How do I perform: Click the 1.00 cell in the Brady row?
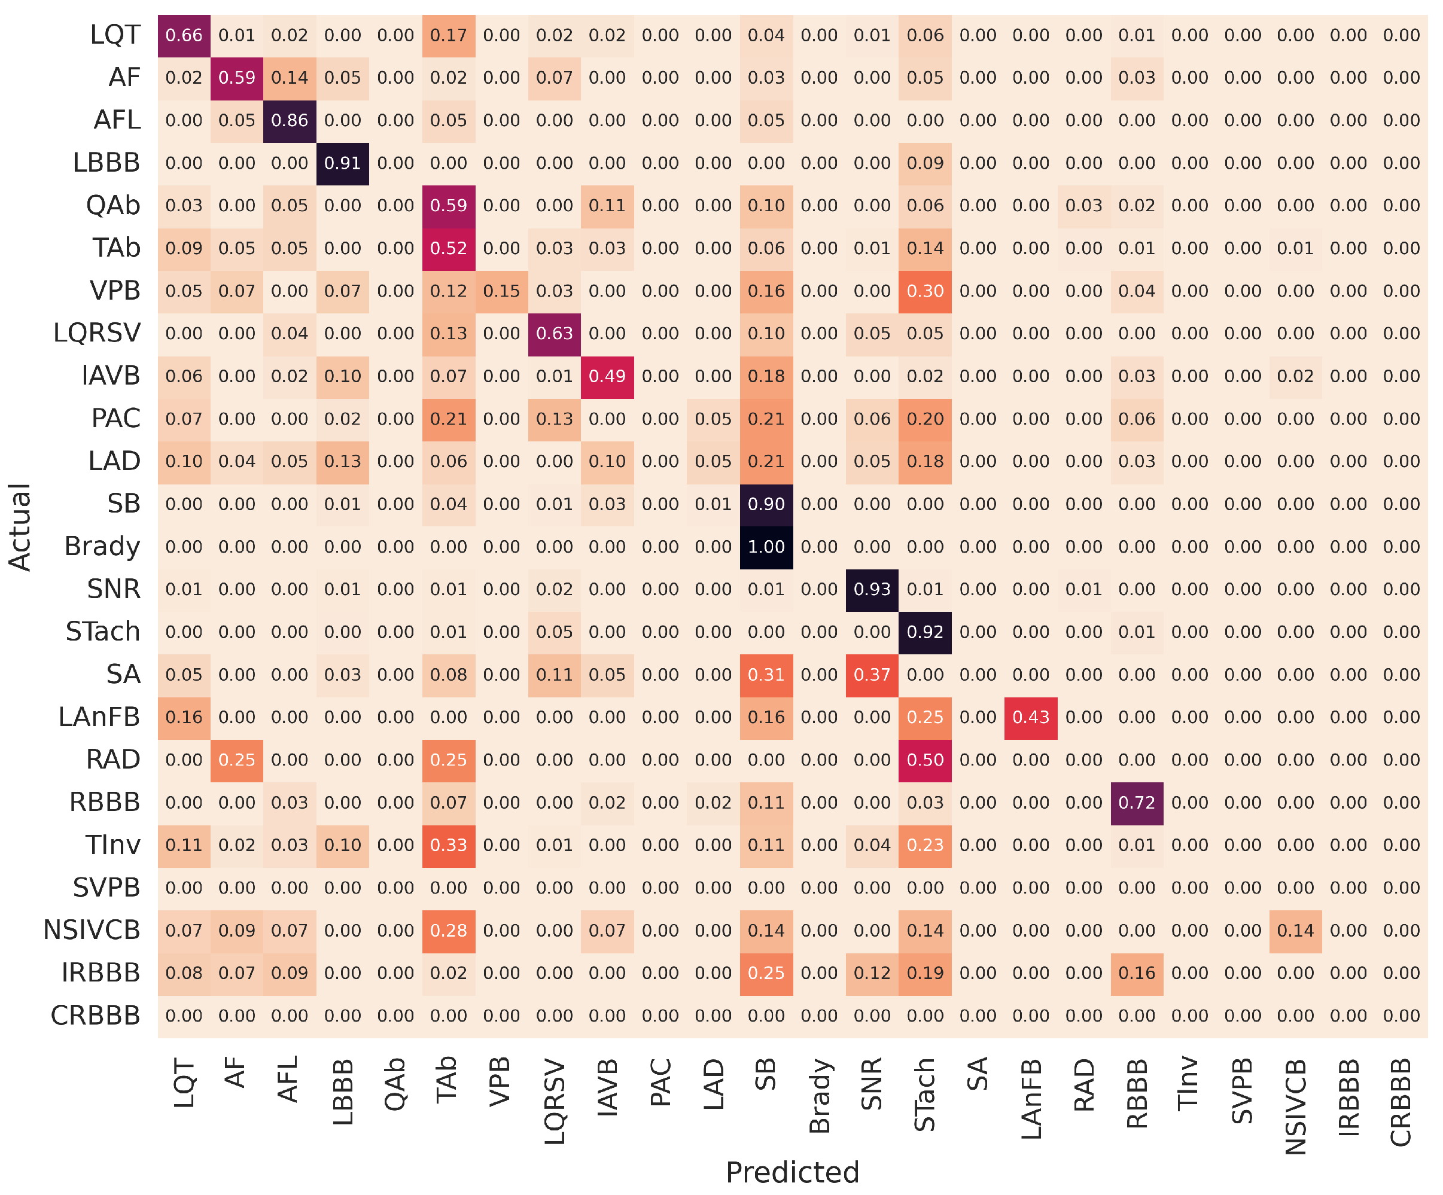click(766, 547)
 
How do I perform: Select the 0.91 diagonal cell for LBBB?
click(342, 163)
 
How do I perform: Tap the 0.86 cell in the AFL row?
click(290, 121)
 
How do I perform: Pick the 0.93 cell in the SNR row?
click(872, 590)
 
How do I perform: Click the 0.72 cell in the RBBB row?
click(1137, 803)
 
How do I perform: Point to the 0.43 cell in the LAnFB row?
click(1031, 718)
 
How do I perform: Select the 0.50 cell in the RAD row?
click(925, 760)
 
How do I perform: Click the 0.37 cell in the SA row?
click(872, 675)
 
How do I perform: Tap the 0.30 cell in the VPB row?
click(925, 291)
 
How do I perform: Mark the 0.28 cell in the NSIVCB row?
click(448, 931)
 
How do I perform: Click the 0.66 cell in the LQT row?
click(184, 36)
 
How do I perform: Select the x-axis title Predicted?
click(792, 1172)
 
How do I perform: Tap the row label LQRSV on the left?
click(97, 333)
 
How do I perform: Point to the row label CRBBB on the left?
click(96, 1016)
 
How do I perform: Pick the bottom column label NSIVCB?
click(1295, 1106)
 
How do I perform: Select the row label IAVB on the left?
click(111, 376)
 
